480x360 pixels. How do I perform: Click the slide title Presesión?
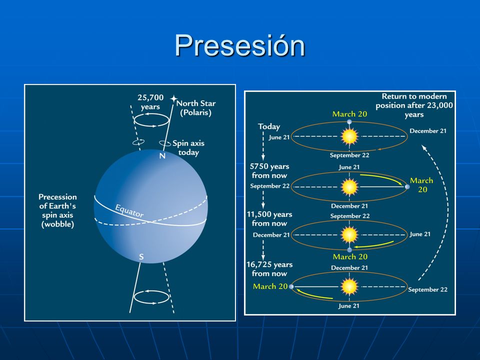click(239, 45)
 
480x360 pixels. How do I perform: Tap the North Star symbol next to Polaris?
click(173, 98)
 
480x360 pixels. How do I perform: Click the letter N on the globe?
click(162, 156)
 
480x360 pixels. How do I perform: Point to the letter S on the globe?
click(141, 257)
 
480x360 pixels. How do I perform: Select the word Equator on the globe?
click(129, 210)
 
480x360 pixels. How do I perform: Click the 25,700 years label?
click(150, 102)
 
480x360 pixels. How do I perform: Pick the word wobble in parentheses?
click(57, 224)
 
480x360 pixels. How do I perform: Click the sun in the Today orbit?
click(349, 136)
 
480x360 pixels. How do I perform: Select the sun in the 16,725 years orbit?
click(349, 286)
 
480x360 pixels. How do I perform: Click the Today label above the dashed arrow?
click(269, 126)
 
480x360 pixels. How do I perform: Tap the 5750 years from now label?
click(269, 171)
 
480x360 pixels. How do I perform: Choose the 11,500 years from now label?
click(269, 219)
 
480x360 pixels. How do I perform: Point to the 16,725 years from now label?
click(269, 269)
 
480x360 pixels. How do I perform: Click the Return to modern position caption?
click(414, 105)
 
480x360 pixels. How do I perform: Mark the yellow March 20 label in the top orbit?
click(349, 114)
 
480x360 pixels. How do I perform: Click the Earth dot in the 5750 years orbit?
click(407, 186)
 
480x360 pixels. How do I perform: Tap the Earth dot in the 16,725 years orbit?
click(291, 286)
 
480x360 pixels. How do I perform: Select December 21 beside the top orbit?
click(428, 130)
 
